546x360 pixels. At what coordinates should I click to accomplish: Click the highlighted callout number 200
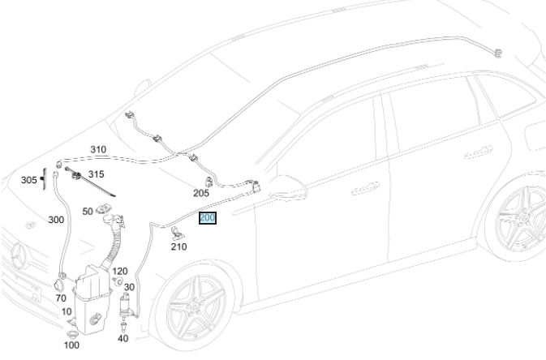(x=207, y=218)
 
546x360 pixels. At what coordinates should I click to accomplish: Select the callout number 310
(x=98, y=150)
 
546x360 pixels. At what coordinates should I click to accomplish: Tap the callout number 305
(x=28, y=180)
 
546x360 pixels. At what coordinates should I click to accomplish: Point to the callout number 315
(x=96, y=174)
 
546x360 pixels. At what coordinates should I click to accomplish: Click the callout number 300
(x=56, y=220)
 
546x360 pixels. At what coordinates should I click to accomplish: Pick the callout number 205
(x=201, y=193)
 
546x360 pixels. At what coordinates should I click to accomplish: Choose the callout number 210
(x=178, y=246)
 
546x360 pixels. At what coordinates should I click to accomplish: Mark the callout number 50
(x=88, y=211)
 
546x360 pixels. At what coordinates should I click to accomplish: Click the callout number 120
(x=120, y=271)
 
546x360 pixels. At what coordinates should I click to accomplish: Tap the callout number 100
(x=71, y=345)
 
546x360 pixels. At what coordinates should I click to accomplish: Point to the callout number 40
(x=123, y=338)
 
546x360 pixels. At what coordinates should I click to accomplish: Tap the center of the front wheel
(x=196, y=311)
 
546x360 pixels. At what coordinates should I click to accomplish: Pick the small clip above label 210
(x=175, y=234)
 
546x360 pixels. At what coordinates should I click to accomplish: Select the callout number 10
(x=67, y=311)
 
